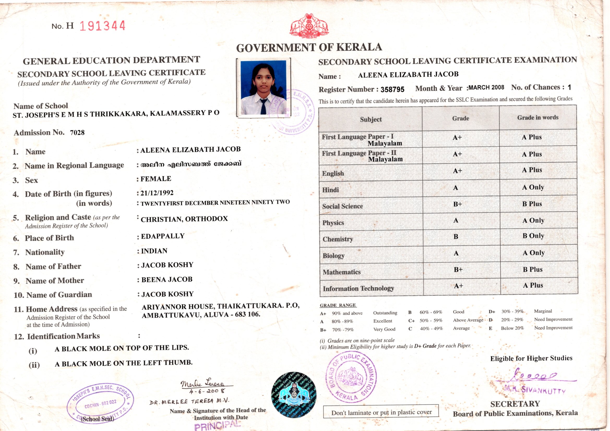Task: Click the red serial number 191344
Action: pos(102,26)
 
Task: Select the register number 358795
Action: pos(392,89)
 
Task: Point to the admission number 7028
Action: pos(77,132)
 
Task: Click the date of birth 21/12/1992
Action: pos(157,193)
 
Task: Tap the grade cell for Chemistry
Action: pos(456,236)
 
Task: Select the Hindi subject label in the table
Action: pos(331,190)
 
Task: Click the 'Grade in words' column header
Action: pos(537,118)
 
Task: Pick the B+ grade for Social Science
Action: pos(458,204)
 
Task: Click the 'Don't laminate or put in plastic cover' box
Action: pos(381,412)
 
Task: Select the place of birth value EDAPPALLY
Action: pos(163,236)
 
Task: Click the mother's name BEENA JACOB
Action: pos(166,279)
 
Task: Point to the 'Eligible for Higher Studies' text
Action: pos(531,358)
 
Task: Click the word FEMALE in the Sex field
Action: pos(156,179)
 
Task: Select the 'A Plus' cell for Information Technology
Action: pos(533,285)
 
